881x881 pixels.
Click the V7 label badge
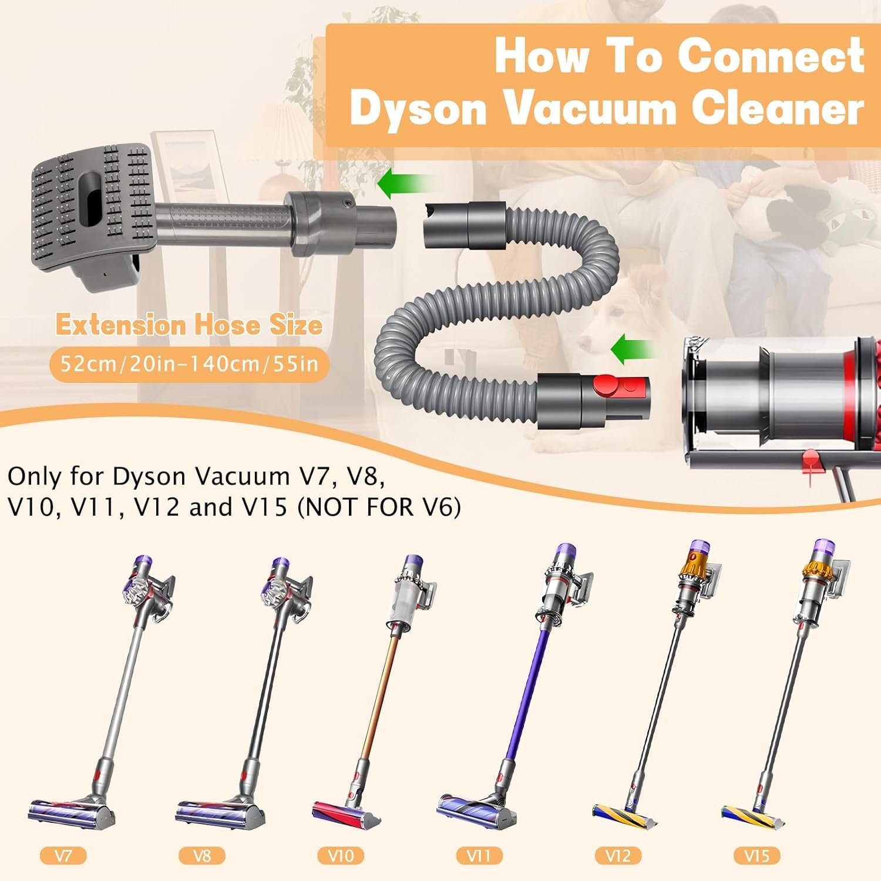[63, 855]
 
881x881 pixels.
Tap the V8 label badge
[201, 855]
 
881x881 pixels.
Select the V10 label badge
[341, 855]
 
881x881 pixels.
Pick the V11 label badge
[479, 855]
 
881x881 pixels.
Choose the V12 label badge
[618, 855]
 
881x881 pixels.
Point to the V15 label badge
[756, 855]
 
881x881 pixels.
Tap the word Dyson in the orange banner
[418, 109]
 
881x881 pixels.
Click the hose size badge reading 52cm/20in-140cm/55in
[190, 364]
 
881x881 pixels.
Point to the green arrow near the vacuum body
[633, 351]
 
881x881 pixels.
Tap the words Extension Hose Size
[189, 325]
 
